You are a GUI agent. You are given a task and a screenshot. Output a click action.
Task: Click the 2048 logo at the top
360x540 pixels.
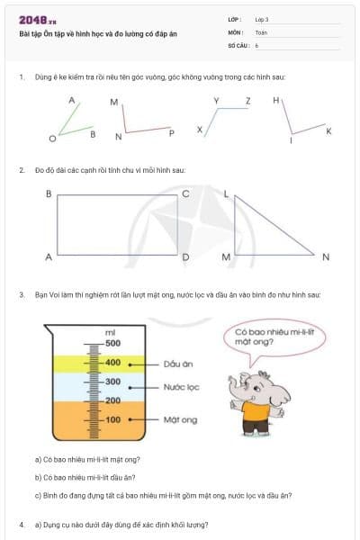click(x=35, y=19)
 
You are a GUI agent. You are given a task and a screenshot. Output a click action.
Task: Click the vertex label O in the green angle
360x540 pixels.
click(x=51, y=139)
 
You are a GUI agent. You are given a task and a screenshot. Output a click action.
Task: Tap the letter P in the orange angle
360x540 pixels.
click(x=171, y=133)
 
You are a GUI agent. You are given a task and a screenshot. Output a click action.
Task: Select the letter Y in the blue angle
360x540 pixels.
click(x=217, y=100)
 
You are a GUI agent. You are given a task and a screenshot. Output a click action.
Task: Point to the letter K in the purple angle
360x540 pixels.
click(x=328, y=131)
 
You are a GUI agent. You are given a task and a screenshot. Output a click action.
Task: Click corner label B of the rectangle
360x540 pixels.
click(x=48, y=193)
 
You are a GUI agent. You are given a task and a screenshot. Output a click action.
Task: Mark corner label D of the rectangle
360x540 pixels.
click(x=185, y=257)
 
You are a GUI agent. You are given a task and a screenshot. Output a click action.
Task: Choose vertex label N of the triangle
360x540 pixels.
click(x=326, y=257)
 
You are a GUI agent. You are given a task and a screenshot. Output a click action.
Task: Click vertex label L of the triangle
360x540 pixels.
click(x=226, y=193)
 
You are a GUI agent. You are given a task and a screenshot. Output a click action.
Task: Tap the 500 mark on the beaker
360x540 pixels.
click(x=112, y=344)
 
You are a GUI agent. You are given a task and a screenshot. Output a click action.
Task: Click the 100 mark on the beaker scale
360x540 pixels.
click(x=112, y=420)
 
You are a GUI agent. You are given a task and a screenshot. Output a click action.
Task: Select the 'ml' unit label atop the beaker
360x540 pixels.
click(x=111, y=333)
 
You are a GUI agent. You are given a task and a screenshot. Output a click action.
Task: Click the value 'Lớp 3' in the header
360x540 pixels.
click(x=262, y=19)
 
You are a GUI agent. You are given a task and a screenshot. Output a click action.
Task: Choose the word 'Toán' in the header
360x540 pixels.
click(x=261, y=31)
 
